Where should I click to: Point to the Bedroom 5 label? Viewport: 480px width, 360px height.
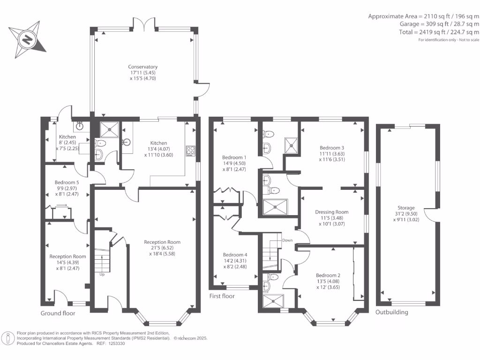(66, 182)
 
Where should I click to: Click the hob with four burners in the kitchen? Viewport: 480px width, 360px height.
(191, 150)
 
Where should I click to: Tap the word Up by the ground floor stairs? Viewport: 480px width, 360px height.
(102, 274)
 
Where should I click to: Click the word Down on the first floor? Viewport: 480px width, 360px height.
(287, 240)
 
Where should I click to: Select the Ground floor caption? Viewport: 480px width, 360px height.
(58, 313)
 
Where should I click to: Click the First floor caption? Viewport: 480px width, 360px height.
(222, 296)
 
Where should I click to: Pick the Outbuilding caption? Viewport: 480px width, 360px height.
(391, 312)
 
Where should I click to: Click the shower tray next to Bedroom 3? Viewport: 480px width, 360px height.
(292, 145)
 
